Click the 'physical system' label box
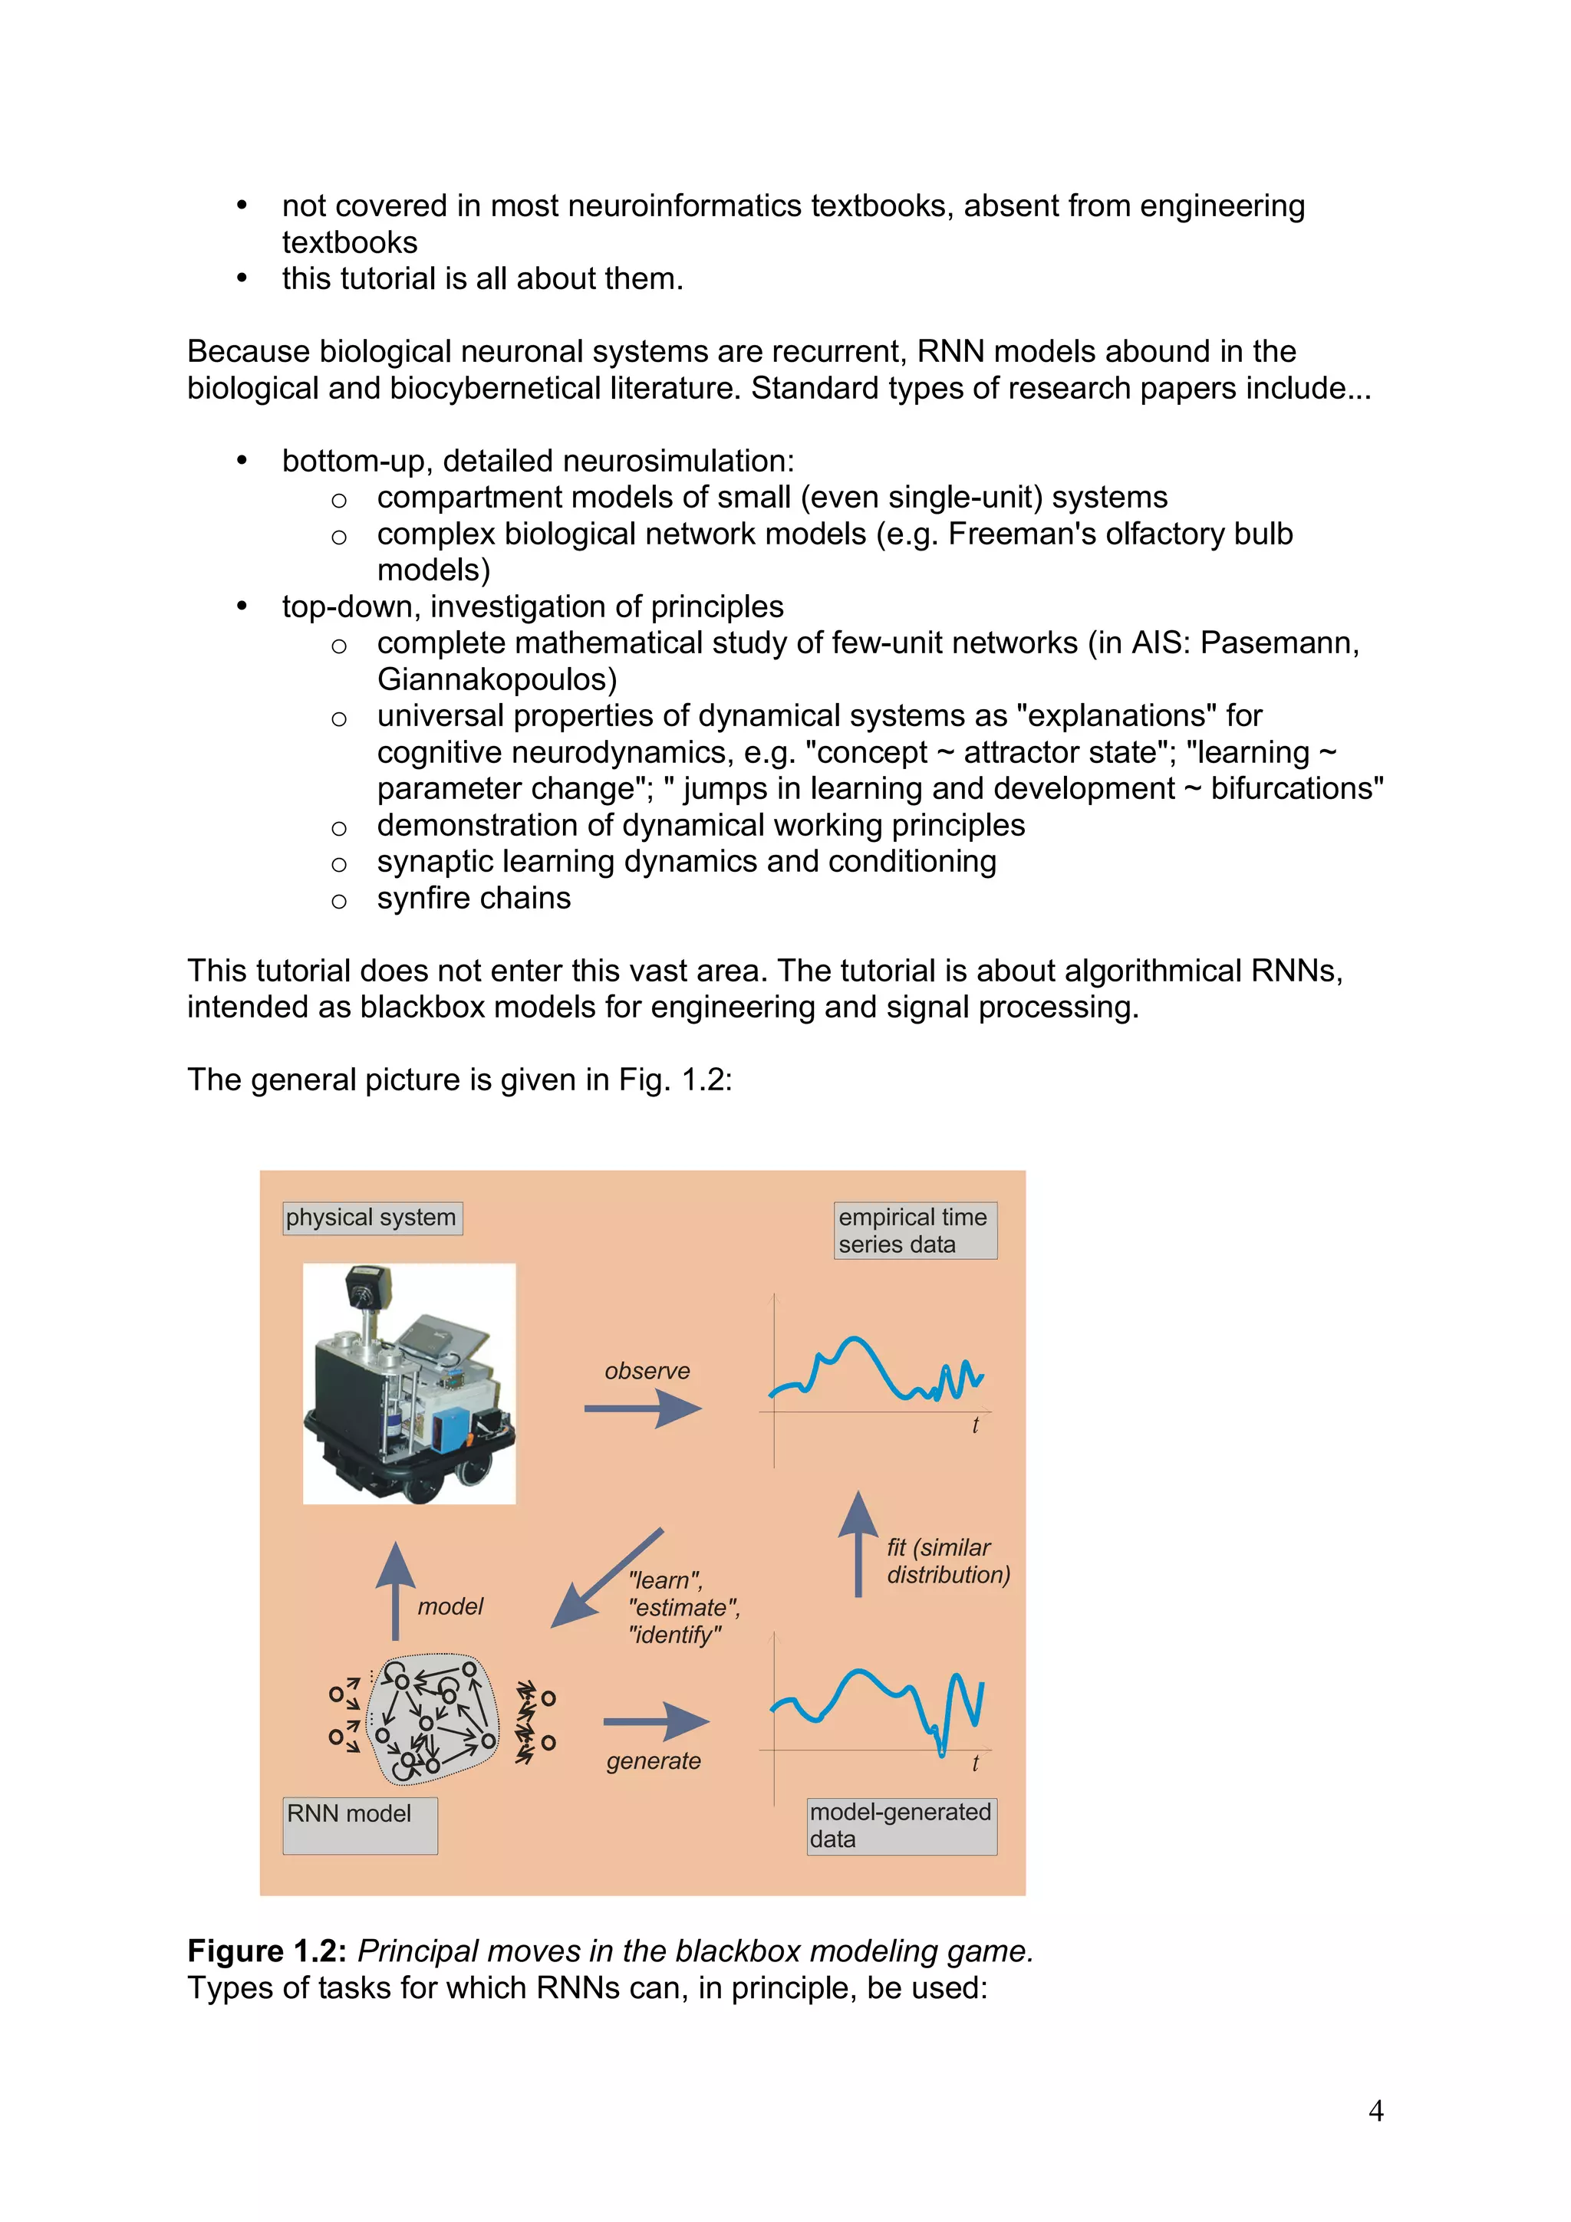[372, 1218]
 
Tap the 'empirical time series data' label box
[914, 1230]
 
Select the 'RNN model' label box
[359, 1825]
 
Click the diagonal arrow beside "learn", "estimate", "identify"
[606, 1579]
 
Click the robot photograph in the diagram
[410, 1384]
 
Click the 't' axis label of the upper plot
[975, 1425]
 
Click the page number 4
[1375, 2111]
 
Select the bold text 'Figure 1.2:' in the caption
[267, 1951]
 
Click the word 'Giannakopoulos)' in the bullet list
[496, 679]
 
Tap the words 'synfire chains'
[473, 898]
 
